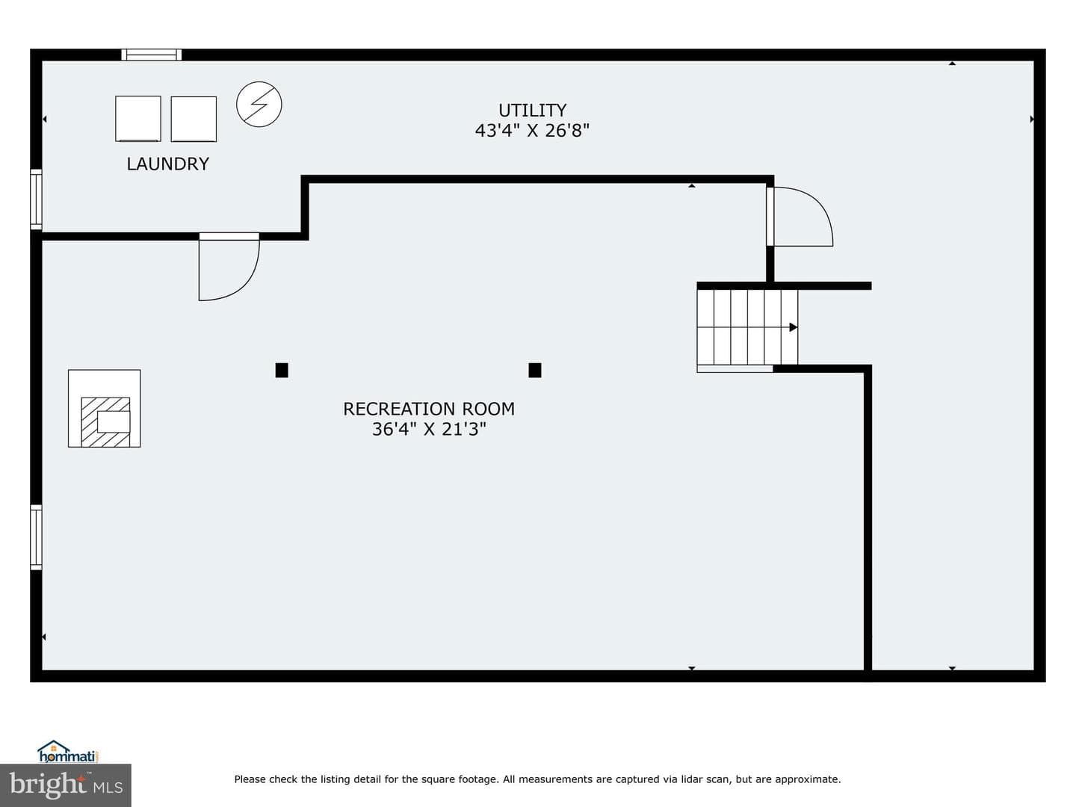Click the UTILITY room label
click(532, 111)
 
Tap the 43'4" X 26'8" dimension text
click(532, 131)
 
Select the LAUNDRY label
click(167, 164)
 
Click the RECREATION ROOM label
click(429, 409)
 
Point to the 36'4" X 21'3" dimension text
click(429, 429)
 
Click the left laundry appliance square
click(138, 119)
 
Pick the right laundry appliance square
click(194, 119)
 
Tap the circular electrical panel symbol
click(259, 105)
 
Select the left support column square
click(282, 371)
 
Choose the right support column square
click(535, 371)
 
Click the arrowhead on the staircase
click(793, 327)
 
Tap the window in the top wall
click(152, 55)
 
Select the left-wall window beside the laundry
click(37, 200)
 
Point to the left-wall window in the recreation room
click(37, 537)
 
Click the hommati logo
click(68, 751)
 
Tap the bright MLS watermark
click(66, 785)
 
